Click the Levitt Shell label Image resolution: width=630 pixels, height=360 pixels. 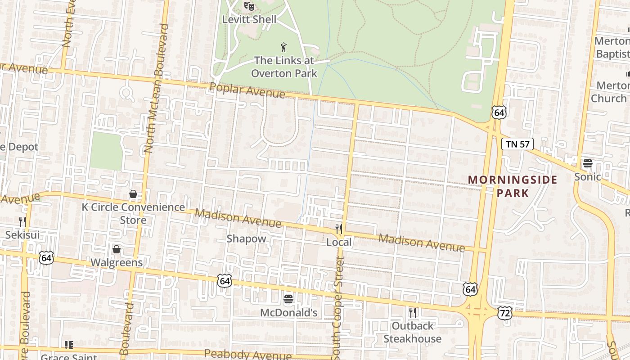pos(249,20)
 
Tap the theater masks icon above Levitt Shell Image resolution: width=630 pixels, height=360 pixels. pos(249,6)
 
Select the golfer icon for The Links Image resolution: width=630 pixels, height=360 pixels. pos(283,47)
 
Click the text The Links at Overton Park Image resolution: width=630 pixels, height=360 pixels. pos(284,67)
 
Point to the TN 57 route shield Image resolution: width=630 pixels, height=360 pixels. pos(517,144)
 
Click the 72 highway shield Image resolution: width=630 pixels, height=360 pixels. pos(505,313)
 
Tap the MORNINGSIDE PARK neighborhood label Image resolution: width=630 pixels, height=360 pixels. pos(513,186)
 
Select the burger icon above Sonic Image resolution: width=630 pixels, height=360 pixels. pos(587,163)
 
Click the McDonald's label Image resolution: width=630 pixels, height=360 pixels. pos(289,313)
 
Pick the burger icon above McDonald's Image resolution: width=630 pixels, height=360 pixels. pos(288,299)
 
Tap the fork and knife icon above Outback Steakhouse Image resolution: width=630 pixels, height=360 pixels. pos(412,312)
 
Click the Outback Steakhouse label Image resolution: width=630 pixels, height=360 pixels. pos(412,332)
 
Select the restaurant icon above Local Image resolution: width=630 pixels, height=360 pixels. pos(339,229)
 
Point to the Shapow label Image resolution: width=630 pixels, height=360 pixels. pos(246,238)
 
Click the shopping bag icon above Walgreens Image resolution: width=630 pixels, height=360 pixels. pos(117,249)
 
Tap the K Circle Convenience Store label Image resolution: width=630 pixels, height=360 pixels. pos(133,213)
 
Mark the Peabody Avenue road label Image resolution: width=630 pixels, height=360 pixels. pos(248,355)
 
